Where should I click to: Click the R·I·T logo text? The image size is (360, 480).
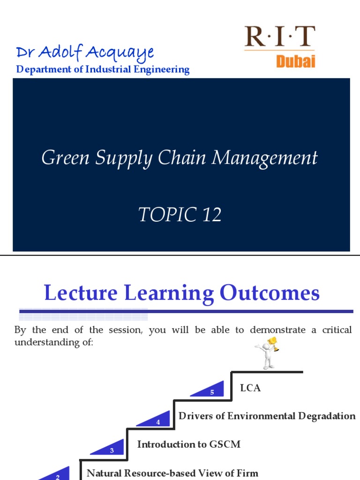click(280, 37)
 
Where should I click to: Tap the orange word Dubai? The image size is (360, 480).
click(295, 61)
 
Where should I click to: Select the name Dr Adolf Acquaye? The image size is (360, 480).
click(84, 52)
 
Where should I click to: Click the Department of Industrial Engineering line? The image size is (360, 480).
click(103, 70)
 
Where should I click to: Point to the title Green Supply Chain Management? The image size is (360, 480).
click(180, 158)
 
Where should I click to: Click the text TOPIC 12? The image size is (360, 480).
click(180, 215)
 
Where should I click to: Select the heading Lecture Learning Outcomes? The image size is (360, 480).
click(182, 293)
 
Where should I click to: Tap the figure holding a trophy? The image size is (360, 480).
click(266, 352)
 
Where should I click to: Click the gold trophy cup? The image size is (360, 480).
click(273, 343)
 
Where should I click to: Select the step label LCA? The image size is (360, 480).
click(250, 388)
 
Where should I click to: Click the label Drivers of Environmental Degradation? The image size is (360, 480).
click(267, 416)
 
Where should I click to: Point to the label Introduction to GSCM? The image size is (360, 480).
click(188, 444)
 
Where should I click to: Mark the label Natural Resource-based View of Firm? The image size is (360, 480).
click(172, 473)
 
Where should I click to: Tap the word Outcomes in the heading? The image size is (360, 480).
click(270, 293)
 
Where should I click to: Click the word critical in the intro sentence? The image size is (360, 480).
click(337, 330)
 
